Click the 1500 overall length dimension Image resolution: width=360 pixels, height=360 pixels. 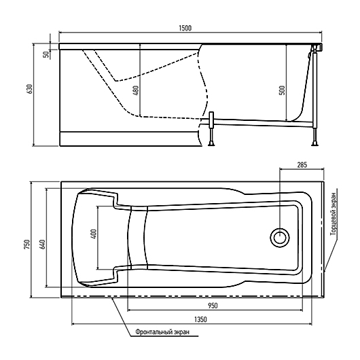coord(185,28)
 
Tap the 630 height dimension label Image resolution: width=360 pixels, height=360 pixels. coord(30,89)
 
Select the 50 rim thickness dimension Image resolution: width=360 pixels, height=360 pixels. coord(46,54)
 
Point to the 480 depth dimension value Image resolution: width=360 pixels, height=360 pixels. coord(136,90)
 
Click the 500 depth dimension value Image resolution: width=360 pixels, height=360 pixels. coord(283,90)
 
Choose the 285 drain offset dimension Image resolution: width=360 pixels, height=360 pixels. coord(302,165)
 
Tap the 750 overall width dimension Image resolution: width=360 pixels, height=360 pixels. coord(27,245)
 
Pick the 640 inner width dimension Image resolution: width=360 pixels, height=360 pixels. coord(43,244)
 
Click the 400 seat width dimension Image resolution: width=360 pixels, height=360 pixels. coord(94,234)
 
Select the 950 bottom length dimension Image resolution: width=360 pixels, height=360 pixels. coord(213,306)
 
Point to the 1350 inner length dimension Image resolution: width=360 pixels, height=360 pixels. coord(200,319)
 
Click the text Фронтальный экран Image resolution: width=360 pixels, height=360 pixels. coord(162,332)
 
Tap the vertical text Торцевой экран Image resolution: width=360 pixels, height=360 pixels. coord(334,214)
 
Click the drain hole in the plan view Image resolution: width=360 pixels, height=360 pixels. coord(279,238)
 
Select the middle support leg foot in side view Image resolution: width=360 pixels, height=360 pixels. coord(211,144)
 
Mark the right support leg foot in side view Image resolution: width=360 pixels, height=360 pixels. coord(314,144)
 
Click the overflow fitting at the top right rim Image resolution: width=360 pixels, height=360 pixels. coord(317,48)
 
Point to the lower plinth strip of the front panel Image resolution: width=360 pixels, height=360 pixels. coord(130,139)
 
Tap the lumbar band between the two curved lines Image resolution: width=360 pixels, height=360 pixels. coord(137,238)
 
